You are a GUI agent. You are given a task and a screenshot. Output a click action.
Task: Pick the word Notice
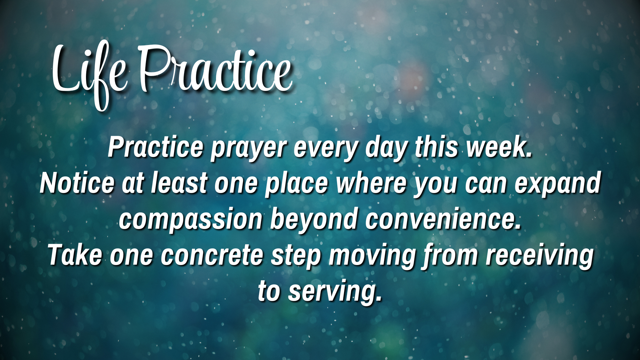coord(77,183)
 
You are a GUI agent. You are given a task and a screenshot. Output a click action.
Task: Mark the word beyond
coord(313,220)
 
